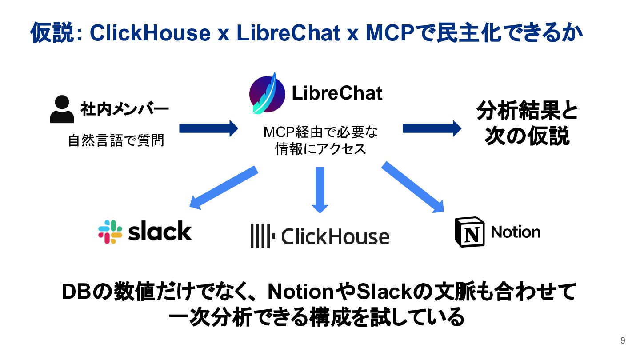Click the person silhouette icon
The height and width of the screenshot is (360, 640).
coord(62,109)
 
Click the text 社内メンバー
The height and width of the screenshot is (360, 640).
coord(124,109)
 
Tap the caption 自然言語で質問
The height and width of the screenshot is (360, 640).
coord(116,141)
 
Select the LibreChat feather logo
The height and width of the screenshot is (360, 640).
coord(267,93)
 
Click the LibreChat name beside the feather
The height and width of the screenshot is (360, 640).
coord(337,93)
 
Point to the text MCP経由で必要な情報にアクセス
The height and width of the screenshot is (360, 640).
coord(320,140)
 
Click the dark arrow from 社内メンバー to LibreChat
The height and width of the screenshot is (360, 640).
coord(208,128)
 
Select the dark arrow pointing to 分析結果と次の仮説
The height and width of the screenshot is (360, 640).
coord(432,128)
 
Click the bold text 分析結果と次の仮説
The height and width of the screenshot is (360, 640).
coord(527,124)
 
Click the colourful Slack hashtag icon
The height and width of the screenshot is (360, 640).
coord(110,232)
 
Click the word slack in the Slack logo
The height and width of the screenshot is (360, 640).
coord(160,232)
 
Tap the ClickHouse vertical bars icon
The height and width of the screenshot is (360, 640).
coord(260,236)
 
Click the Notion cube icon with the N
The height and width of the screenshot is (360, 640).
coord(469,232)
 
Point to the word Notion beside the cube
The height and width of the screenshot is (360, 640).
coord(516,232)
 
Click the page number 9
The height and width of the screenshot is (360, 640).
coord(623,341)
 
